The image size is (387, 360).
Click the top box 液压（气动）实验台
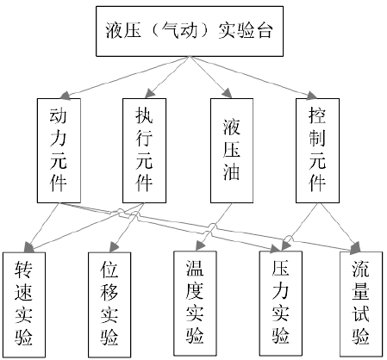point(190,31)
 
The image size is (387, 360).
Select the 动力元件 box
point(59,151)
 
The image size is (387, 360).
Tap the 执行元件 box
point(144,151)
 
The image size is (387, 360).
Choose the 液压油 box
point(232,151)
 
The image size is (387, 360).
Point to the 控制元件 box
point(317,151)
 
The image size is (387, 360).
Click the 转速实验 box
point(24,305)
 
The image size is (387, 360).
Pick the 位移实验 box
point(109,304)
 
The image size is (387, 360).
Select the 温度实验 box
point(195,303)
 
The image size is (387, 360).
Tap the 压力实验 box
point(281,303)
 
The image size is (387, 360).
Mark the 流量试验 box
point(361,304)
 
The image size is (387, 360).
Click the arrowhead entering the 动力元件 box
point(64,96)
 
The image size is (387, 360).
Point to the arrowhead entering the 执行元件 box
point(150,94)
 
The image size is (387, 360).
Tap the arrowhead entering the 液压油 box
point(227,93)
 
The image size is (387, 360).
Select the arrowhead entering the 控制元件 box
point(312,96)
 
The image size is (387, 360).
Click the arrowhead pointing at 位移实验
point(114,247)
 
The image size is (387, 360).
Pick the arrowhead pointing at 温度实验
point(200,246)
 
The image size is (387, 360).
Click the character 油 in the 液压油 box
point(232,172)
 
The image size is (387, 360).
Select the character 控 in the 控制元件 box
point(317,115)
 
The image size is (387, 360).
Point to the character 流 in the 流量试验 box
point(361,269)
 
